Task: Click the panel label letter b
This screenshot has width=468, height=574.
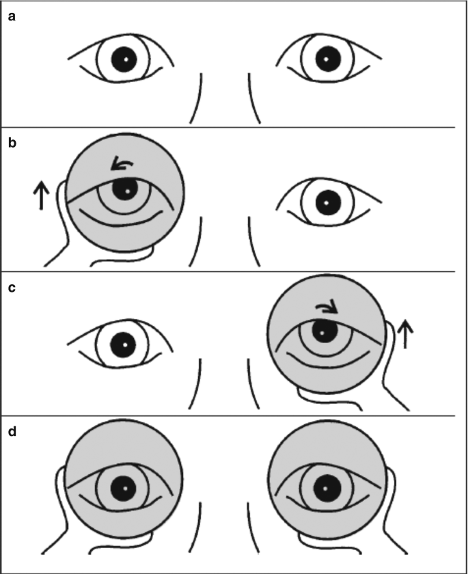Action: tap(12, 143)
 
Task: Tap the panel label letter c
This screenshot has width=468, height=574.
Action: tap(12, 288)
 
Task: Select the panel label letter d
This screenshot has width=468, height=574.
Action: tap(12, 432)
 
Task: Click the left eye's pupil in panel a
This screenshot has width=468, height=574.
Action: tap(124, 59)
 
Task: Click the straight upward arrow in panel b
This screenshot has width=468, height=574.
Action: tap(40, 195)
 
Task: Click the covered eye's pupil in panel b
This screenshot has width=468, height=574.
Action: tap(124, 189)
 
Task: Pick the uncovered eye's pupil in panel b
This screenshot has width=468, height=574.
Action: tap(327, 203)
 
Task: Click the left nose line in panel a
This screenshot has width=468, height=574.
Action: tap(199, 99)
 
